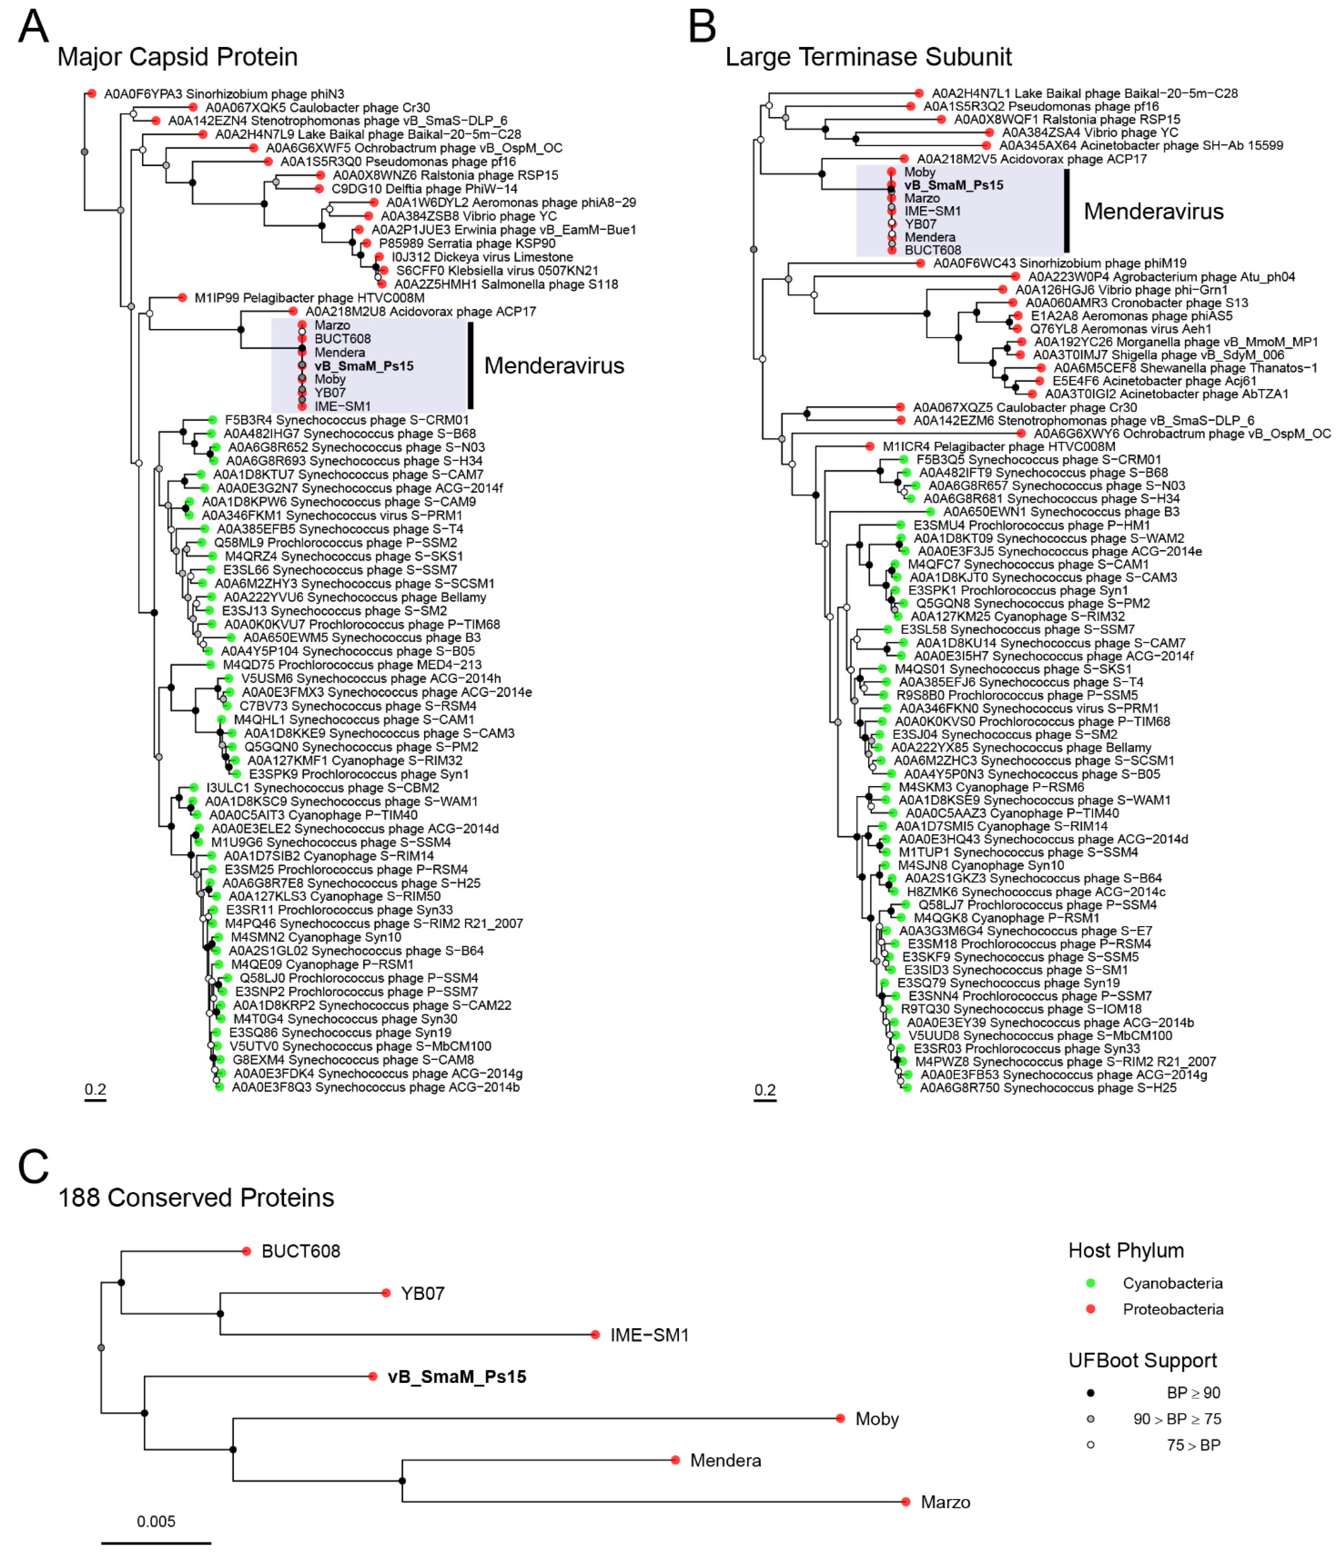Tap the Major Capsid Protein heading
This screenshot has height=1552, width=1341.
pyautogui.click(x=177, y=57)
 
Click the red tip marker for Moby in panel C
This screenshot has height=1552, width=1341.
pyautogui.click(x=840, y=1418)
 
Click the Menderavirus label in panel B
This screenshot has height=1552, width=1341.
pyautogui.click(x=1153, y=212)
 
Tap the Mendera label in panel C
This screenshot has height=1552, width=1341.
pyautogui.click(x=725, y=1460)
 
